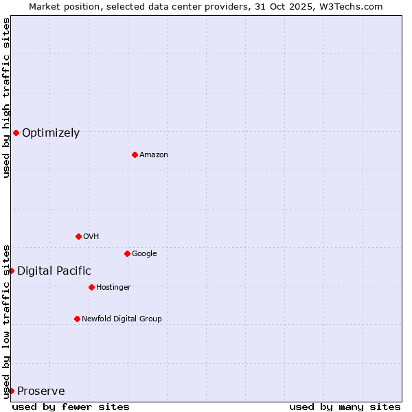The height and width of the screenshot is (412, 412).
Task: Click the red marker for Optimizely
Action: click(16, 133)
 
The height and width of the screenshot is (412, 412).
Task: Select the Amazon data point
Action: click(135, 154)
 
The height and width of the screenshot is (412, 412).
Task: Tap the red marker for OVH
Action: click(78, 236)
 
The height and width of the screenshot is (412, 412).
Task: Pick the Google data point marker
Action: click(127, 253)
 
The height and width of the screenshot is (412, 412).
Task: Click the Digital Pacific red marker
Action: click(11, 271)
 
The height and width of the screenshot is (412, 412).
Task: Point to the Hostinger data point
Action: click(91, 287)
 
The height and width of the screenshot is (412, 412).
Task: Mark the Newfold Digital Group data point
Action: click(77, 319)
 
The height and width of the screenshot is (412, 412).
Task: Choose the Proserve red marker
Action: click(11, 391)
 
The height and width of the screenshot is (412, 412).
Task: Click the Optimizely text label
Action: click(51, 133)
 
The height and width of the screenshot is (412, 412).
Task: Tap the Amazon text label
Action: click(154, 155)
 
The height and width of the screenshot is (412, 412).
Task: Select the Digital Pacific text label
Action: click(54, 271)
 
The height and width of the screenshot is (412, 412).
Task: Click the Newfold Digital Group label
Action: click(122, 319)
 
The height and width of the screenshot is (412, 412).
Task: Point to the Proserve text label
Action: click(41, 391)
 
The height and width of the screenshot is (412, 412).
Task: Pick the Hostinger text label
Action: click(113, 287)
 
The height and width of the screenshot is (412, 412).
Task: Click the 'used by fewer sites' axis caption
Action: click(71, 407)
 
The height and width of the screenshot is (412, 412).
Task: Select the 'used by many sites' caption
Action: click(345, 407)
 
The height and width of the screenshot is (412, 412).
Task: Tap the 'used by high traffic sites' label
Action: click(6, 98)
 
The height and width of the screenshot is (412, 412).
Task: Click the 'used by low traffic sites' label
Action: click(6, 321)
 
